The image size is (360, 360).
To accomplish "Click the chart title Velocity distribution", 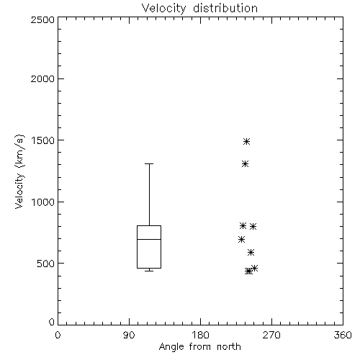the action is coord(199,9).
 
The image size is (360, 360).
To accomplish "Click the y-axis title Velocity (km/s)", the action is coord(19,171).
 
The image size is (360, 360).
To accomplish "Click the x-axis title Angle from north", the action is coord(199,347).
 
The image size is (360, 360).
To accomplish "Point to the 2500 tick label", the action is coord(42,19).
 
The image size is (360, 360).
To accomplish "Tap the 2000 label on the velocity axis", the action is coord(42,78).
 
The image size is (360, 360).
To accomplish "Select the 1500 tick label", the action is coord(43,140).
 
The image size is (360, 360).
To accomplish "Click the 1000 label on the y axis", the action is coord(43,202).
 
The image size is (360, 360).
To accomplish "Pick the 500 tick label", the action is coord(46,264).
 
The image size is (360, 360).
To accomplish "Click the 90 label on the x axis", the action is coord(129,335).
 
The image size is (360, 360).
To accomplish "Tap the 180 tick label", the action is coord(200,335).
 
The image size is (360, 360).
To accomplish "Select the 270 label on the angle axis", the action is coord(271,335).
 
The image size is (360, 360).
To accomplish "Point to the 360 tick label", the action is coord(343,335).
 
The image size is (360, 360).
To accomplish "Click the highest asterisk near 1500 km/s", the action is coord(246,142).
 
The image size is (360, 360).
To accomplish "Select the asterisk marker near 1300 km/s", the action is coord(245,164).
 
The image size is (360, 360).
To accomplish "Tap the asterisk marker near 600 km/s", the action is coord(251,252).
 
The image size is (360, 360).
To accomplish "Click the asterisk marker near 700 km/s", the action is coord(241,239).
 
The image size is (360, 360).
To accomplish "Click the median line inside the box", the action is coord(149,239).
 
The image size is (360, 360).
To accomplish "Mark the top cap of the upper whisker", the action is coord(149,164).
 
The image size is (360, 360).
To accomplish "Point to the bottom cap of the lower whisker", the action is coord(149,271).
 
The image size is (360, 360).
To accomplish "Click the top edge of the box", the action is coord(149,225).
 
